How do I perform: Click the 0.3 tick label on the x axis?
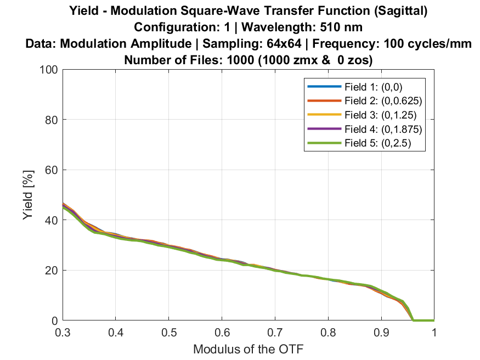pos(63,333)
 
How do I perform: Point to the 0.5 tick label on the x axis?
pos(168,333)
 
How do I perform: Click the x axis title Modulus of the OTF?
pos(249,348)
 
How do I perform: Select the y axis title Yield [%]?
pos(28,195)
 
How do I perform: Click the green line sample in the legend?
pos(323,144)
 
